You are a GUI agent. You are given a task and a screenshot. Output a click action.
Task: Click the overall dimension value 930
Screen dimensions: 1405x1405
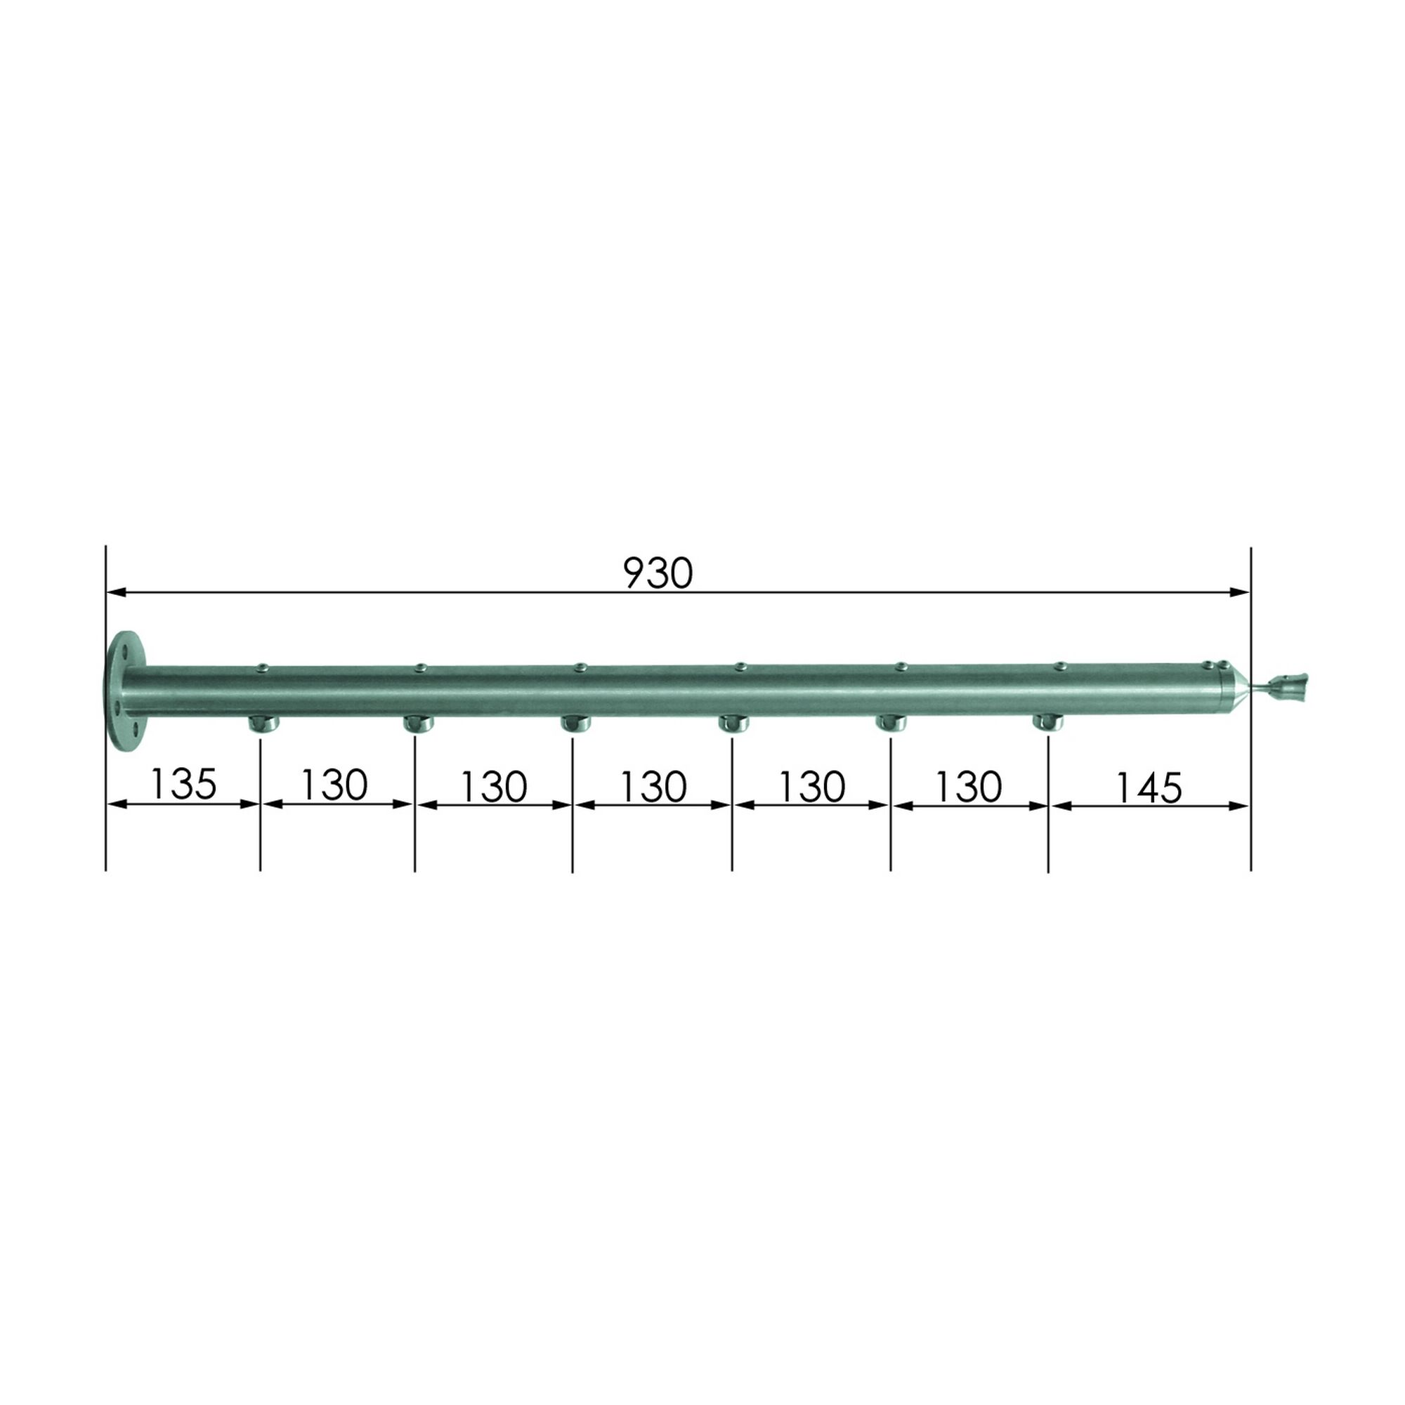pyautogui.click(x=658, y=574)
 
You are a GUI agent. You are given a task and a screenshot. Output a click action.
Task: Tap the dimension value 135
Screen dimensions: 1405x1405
pyautogui.click(x=183, y=784)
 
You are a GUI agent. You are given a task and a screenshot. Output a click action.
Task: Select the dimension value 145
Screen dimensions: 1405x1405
pyautogui.click(x=1149, y=788)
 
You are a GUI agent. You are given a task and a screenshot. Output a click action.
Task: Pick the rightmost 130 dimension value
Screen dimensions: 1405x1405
pyautogui.click(x=969, y=786)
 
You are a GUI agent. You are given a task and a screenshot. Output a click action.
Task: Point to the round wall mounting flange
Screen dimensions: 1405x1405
pyautogui.click(x=124, y=690)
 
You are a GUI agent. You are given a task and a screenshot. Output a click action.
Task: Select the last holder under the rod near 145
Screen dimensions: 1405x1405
pyautogui.click(x=1048, y=723)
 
